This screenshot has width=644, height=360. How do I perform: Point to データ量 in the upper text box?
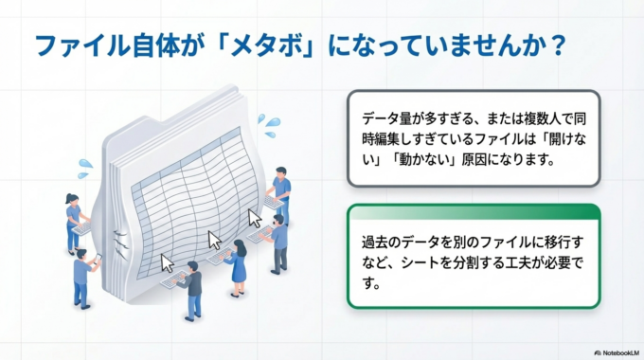(387, 118)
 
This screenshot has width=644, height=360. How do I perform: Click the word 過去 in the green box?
(374, 239)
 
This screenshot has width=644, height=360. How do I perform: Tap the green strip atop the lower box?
(473, 209)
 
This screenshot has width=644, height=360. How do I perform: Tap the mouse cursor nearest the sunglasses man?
(254, 218)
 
